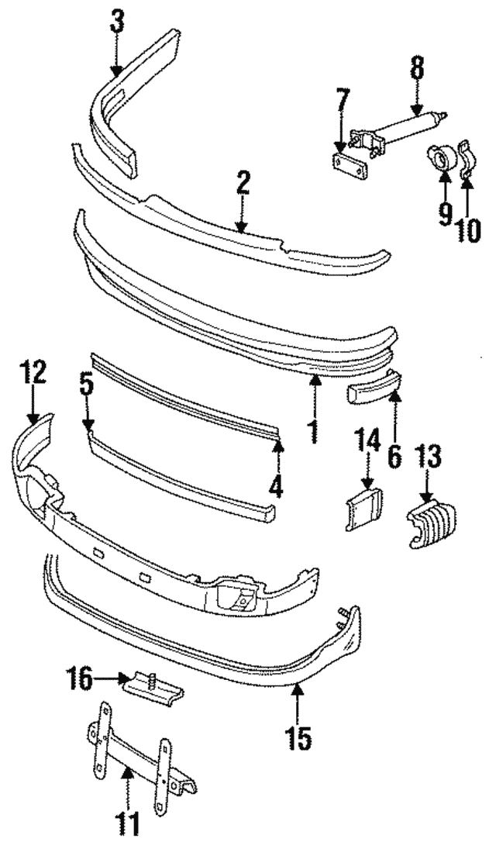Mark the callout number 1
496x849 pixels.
[x=313, y=430]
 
